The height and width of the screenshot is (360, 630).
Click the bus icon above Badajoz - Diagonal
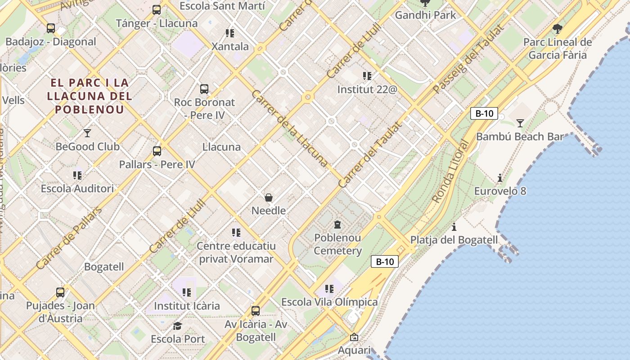(x=51, y=28)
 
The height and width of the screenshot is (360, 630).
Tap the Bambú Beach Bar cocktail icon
(x=520, y=123)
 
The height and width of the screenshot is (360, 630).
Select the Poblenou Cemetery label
(x=337, y=244)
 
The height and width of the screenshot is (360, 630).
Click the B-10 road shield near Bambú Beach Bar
(x=484, y=113)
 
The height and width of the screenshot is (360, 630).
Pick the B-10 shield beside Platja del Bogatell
(x=385, y=261)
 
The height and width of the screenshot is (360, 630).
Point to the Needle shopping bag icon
(x=269, y=198)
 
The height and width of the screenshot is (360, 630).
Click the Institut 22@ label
(x=367, y=89)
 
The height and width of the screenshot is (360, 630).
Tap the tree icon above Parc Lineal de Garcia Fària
(x=558, y=29)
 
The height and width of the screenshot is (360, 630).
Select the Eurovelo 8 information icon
(x=499, y=178)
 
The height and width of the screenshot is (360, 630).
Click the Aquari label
(x=354, y=350)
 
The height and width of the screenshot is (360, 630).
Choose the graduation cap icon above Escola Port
(x=178, y=326)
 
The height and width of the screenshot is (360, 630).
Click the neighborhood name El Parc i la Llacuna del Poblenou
(x=90, y=96)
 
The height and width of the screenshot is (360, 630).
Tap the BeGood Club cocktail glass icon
(x=87, y=133)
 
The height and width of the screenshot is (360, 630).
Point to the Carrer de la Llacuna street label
(x=289, y=128)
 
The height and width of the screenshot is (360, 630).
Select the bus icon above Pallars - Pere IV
(x=157, y=151)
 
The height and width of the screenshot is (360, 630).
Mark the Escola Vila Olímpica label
(x=329, y=302)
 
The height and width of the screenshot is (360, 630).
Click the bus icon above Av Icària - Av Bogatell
(x=256, y=310)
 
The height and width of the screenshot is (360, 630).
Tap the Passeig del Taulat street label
(x=468, y=59)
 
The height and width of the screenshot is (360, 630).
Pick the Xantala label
(x=230, y=46)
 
